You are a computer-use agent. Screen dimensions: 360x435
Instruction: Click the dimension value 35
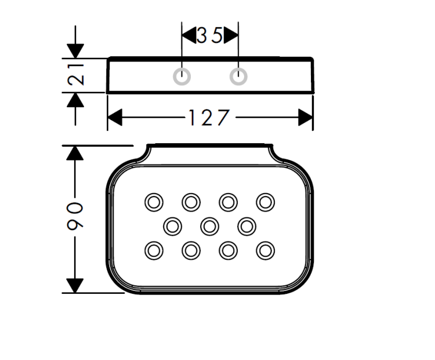coord(210,36)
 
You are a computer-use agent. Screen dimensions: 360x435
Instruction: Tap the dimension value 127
coord(209,118)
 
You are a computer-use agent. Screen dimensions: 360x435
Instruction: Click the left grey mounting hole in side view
coord(182,76)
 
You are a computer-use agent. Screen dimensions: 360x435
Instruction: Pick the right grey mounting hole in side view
coord(238,76)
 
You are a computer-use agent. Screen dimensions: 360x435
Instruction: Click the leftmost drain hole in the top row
coord(153,202)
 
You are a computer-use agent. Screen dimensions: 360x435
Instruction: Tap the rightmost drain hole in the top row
coord(266,202)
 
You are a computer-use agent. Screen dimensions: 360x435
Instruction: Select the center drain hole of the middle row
coord(209,226)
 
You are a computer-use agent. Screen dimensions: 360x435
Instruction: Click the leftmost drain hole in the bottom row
coord(153,250)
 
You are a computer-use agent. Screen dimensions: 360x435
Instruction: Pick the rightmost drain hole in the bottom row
coord(266,250)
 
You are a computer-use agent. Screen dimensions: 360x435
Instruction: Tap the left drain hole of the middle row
coord(172,226)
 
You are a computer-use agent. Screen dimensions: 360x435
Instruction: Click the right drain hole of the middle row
coord(247,226)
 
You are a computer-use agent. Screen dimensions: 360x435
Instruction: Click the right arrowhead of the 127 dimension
coord(305,118)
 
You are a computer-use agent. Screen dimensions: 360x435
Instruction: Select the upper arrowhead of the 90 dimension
coord(74,153)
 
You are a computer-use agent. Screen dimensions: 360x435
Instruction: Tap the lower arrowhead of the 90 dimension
coord(74,285)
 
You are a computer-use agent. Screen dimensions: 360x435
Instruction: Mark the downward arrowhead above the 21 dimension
coord(75,50)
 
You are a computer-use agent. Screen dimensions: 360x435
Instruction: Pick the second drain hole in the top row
coord(191,202)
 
